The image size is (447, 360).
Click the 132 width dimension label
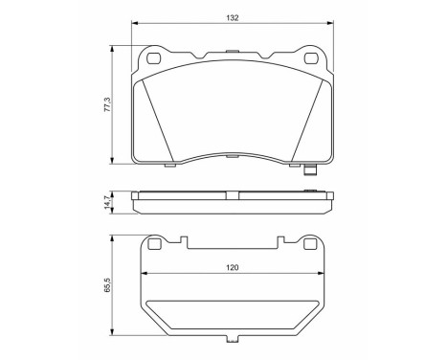(x=233, y=16)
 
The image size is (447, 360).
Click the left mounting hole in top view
(x=155, y=59)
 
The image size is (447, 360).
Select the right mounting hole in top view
(x=310, y=59)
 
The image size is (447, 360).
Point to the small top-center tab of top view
(x=233, y=49)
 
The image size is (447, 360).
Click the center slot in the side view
(x=233, y=192)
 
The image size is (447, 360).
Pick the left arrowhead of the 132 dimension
(x=133, y=25)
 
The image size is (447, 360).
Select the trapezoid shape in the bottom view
(x=233, y=316)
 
